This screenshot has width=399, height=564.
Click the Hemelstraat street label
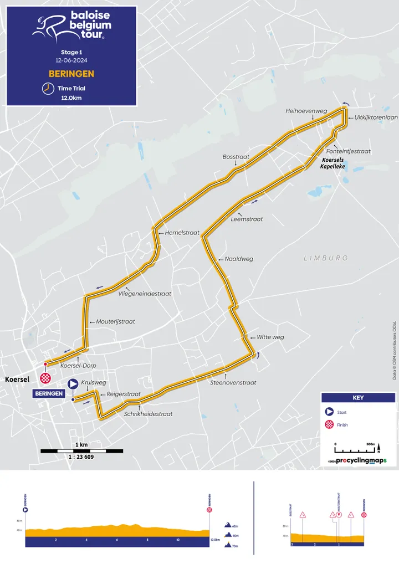[182, 233]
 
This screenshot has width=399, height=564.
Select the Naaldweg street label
[239, 259]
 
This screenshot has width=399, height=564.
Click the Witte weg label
[270, 337]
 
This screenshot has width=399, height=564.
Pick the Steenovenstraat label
[233, 382]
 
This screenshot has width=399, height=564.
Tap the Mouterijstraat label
[116, 321]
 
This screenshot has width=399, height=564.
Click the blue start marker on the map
[73, 383]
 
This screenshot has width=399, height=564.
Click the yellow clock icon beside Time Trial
[47, 88]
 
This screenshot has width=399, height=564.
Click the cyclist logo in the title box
[48, 28]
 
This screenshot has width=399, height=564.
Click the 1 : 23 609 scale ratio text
[81, 442]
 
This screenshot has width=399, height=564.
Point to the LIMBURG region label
[326, 258]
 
